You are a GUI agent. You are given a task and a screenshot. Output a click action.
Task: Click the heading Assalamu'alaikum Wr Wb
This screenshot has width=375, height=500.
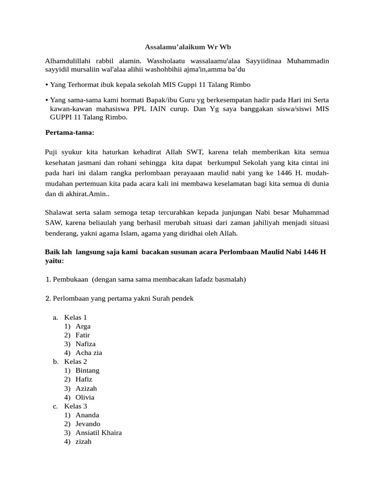click(187, 47)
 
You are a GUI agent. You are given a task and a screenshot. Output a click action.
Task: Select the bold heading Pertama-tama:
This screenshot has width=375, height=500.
click(70, 132)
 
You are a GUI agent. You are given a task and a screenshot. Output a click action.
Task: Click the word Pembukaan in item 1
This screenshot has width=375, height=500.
click(70, 279)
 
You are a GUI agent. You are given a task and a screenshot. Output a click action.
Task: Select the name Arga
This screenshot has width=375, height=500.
click(83, 326)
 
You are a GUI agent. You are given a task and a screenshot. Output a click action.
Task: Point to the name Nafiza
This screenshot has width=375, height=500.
click(86, 344)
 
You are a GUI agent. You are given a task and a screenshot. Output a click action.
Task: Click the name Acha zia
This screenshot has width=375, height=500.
click(89, 353)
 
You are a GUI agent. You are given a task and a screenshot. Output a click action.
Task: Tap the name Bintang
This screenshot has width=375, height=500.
click(87, 371)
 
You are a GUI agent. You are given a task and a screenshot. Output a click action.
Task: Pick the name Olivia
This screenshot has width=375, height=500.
click(85, 397)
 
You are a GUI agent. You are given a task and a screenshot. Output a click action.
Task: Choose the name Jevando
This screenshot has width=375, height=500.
click(88, 424)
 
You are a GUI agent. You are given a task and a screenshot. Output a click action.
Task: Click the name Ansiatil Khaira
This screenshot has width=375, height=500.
click(99, 433)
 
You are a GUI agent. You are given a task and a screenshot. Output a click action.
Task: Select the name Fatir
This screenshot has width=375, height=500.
click(83, 335)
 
